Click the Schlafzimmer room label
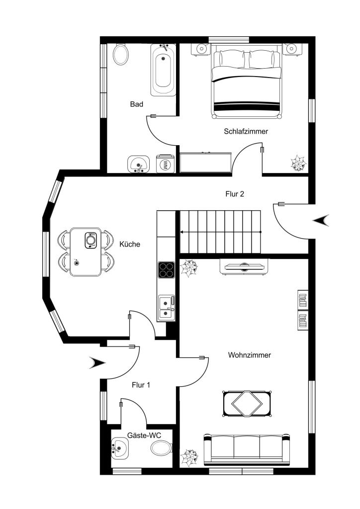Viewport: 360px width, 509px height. (246, 131)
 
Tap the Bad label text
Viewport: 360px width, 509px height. (136, 104)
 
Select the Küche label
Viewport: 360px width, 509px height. (130, 244)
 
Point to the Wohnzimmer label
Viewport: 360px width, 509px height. (249, 355)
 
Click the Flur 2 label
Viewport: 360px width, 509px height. (235, 194)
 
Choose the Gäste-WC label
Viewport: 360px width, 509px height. (144, 435)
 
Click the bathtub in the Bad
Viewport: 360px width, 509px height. (163, 70)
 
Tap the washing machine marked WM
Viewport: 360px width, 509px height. (165, 164)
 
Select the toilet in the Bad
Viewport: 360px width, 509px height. (120, 54)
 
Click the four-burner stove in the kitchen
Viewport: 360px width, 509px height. (166, 270)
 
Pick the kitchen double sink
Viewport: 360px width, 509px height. (167, 307)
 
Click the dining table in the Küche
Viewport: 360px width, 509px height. (86, 252)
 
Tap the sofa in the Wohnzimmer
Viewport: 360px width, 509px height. (247, 449)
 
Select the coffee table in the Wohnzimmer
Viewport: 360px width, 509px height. (247, 404)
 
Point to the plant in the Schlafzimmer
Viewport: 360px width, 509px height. (298, 163)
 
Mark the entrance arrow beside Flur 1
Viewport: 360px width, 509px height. (97, 362)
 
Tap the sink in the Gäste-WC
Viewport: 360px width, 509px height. (119, 448)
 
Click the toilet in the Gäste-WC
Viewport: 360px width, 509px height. (161, 448)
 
